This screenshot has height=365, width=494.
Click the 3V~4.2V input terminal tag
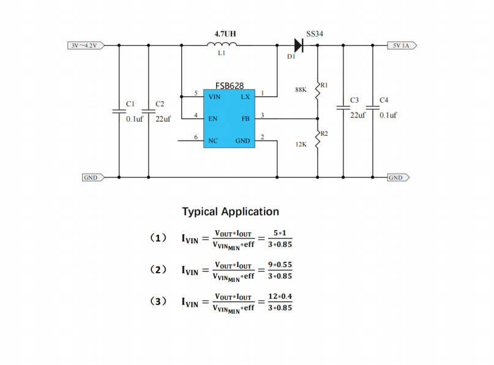[86, 46]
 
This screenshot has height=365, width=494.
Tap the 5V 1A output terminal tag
[402, 46]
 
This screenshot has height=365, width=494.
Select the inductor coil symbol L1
[222, 44]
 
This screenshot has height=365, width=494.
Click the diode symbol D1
[299, 45]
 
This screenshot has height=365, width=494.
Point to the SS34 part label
[315, 34]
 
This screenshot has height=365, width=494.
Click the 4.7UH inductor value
[225, 34]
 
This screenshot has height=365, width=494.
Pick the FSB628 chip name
[230, 86]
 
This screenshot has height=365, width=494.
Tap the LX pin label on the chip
[245, 97]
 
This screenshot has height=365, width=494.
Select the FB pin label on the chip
[245, 119]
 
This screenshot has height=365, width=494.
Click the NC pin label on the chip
[213, 141]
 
